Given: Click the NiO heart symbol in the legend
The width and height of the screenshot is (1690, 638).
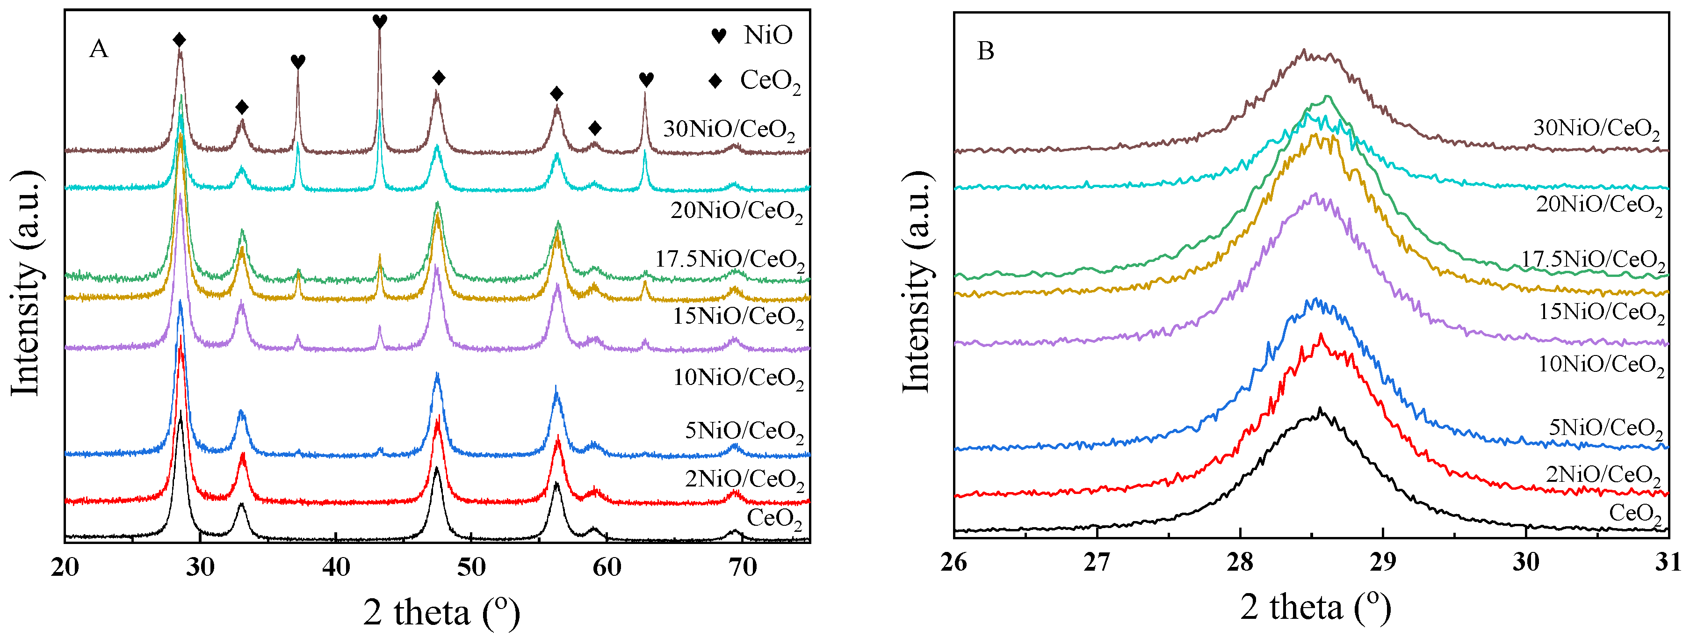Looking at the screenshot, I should pyautogui.click(x=718, y=36).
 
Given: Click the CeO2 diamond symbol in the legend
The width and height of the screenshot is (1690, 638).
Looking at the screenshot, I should pyautogui.click(x=715, y=81).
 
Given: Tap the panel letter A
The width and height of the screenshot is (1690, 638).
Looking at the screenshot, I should pyautogui.click(x=98, y=49).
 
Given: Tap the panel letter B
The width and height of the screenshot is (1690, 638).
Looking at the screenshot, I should pyautogui.click(x=985, y=51).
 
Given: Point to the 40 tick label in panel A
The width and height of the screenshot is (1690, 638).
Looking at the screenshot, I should pyautogui.click(x=335, y=567).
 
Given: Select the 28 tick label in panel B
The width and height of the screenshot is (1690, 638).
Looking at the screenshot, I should pyautogui.click(x=1239, y=563).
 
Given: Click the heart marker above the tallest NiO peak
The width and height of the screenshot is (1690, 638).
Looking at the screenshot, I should pyautogui.click(x=379, y=22).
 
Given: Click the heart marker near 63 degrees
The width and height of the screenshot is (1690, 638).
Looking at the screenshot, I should pyautogui.click(x=646, y=80).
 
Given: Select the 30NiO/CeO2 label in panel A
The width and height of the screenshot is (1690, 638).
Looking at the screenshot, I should pyautogui.click(x=728, y=129).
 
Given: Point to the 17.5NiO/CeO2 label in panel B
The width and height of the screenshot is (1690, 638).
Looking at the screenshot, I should pyautogui.click(x=1592, y=261).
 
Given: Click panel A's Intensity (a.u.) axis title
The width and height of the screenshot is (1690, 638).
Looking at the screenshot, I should pyautogui.click(x=26, y=283).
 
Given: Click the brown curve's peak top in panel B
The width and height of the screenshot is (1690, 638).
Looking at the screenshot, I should pyautogui.click(x=1304, y=51).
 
